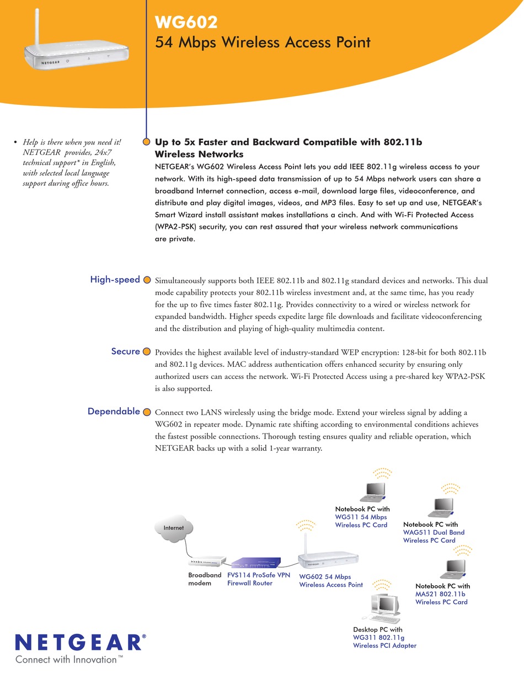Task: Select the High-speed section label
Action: (115, 280)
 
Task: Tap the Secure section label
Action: (125, 351)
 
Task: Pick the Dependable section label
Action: (114, 411)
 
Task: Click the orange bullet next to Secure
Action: (147, 352)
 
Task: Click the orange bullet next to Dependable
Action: (147, 412)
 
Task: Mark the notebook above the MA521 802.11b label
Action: (455, 568)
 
